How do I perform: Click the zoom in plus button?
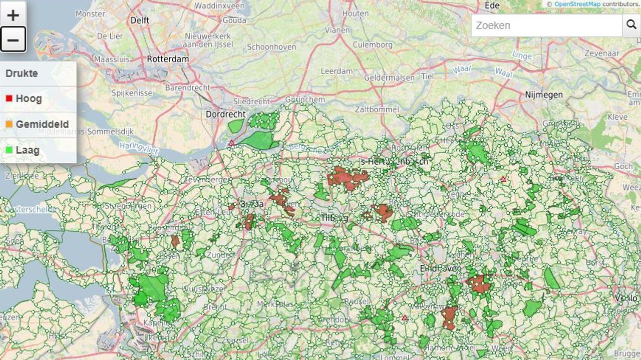point(13,15)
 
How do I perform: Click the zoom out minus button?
point(13,40)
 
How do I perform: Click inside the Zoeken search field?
point(546,25)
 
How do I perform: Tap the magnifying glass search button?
point(631,25)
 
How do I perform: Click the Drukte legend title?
point(22,73)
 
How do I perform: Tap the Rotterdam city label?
point(168,59)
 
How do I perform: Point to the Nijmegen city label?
point(544,95)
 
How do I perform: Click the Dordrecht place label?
point(226,114)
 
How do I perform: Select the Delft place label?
point(140,21)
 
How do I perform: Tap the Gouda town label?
point(234,21)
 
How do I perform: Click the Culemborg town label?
point(373,45)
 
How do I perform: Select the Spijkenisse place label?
point(132,93)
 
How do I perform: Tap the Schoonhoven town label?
point(271,47)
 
